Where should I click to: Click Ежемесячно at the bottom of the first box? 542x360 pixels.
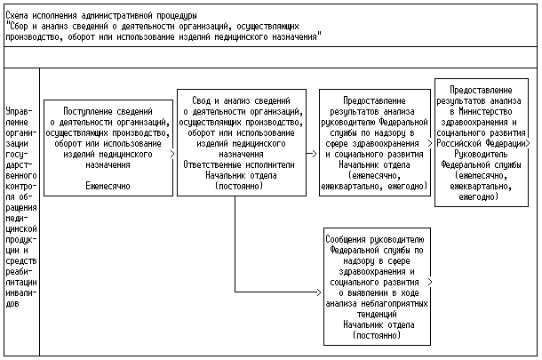(x=108, y=187)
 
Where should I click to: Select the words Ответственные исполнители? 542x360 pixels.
(x=235, y=164)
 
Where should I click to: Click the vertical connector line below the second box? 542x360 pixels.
(x=235, y=244)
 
